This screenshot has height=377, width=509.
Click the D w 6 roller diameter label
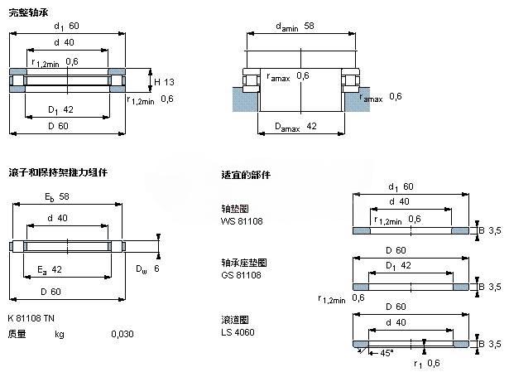[x=147, y=268]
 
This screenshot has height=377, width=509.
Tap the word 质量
[x=17, y=334]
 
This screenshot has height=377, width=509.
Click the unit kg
[x=59, y=334]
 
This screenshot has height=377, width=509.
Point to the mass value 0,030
[x=122, y=334]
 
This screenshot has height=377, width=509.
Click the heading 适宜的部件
[x=246, y=175]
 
